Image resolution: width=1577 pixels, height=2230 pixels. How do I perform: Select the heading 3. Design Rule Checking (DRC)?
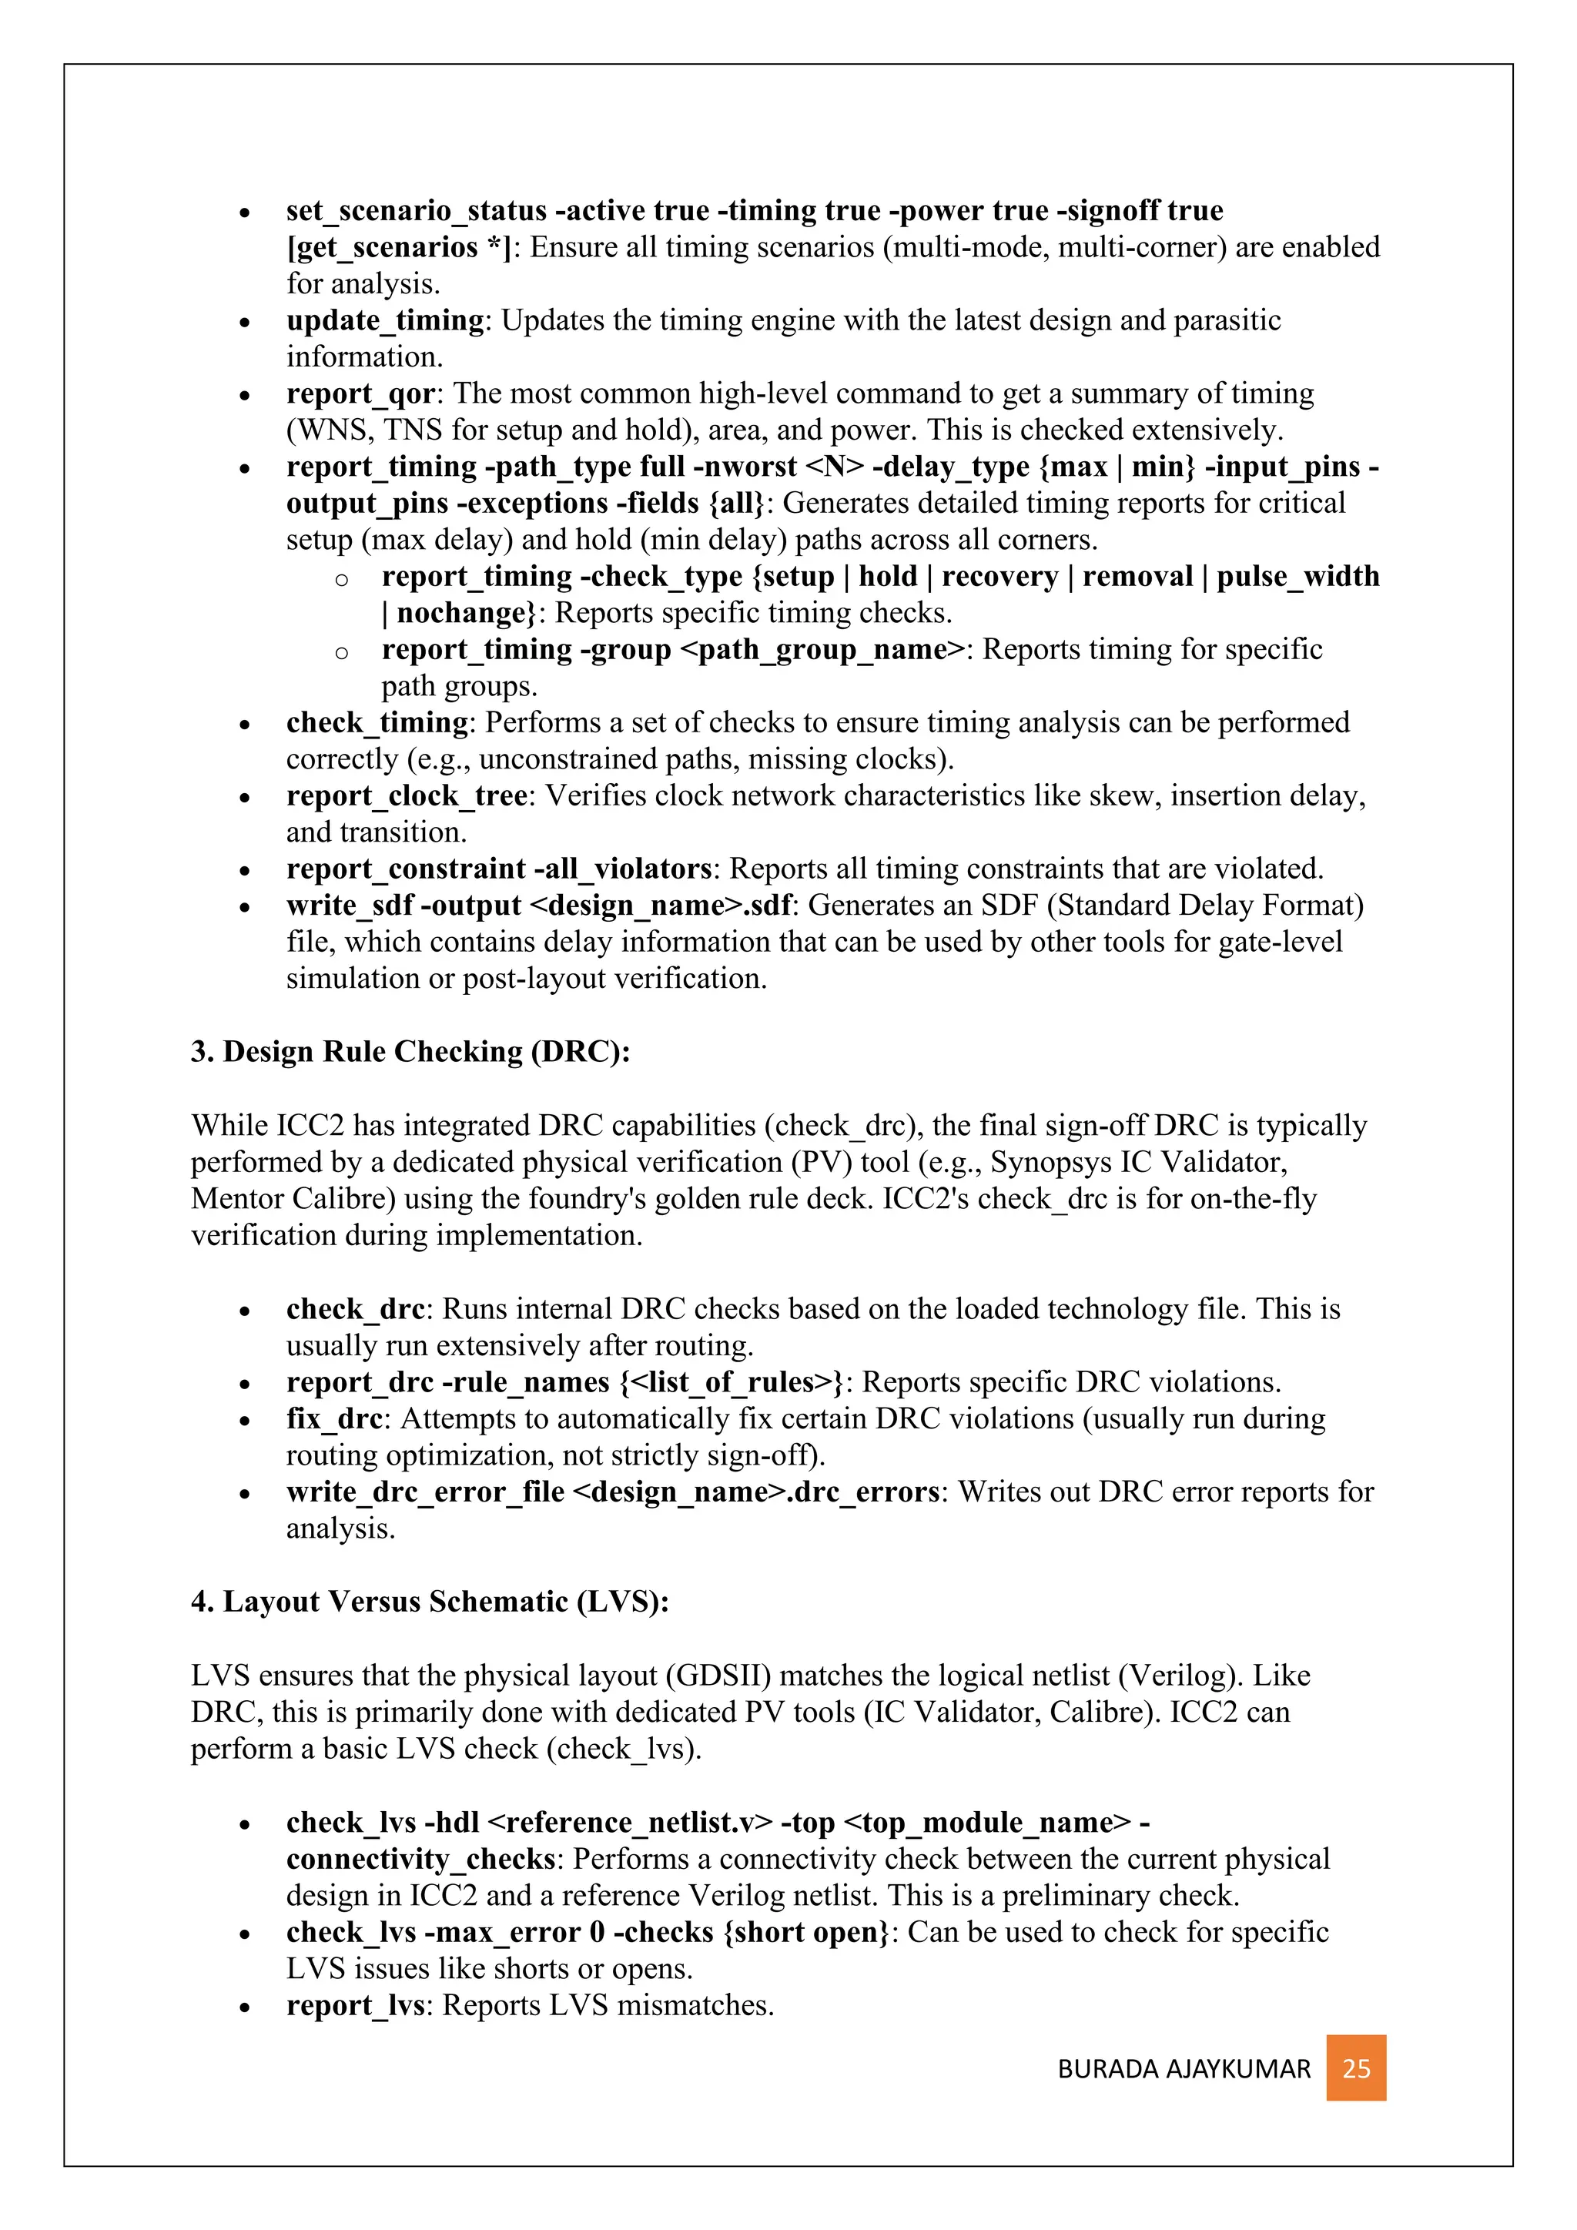(410, 1052)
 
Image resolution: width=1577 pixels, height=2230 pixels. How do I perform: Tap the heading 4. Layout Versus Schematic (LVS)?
(430, 1602)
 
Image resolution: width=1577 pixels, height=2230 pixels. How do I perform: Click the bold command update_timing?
(384, 320)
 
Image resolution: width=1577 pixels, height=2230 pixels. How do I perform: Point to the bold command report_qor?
(360, 393)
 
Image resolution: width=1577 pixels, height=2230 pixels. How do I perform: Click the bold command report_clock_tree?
(407, 795)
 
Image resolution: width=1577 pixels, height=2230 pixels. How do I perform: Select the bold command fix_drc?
(334, 1419)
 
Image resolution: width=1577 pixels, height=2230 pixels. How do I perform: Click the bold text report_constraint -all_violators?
(499, 869)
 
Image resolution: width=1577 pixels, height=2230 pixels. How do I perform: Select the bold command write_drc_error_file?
(425, 1492)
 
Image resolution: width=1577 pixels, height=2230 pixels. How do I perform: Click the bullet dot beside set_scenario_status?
(246, 213)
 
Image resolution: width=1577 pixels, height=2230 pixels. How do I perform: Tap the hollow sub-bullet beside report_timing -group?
(341, 651)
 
